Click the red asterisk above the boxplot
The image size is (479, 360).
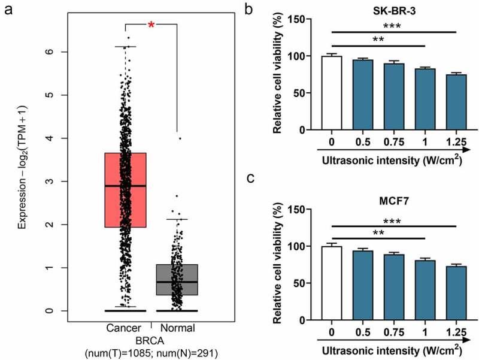(151, 25)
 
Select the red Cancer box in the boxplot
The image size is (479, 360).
(125, 190)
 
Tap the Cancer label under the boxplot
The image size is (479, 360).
(123, 328)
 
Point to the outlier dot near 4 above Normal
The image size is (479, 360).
(180, 138)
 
